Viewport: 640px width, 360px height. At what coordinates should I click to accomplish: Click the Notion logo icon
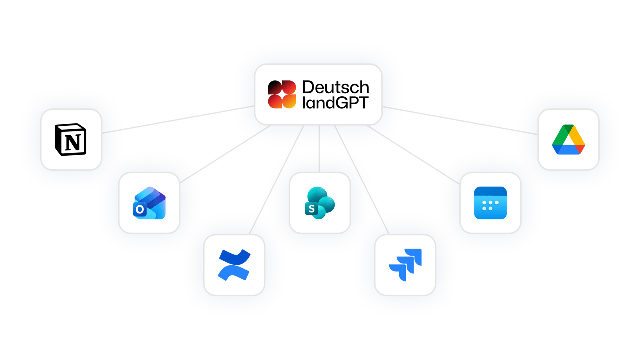[71, 139]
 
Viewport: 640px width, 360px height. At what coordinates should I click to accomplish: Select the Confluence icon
[234, 265]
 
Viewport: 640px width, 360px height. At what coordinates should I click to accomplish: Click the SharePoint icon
[320, 202]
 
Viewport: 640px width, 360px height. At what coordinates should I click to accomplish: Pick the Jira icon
[405, 265]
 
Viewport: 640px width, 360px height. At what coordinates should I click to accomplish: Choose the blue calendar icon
[490, 203]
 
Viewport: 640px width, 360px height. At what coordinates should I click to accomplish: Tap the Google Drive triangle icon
[568, 140]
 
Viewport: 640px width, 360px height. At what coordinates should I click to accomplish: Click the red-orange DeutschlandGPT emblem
[282, 94]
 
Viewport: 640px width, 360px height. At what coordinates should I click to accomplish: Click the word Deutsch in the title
[335, 88]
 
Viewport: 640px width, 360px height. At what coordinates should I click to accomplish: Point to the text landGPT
[335, 102]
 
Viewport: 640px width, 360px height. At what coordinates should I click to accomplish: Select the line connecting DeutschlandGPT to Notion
[178, 119]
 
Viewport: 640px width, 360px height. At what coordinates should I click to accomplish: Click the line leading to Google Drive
[460, 119]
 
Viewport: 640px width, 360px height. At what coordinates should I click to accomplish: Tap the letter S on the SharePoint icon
[312, 209]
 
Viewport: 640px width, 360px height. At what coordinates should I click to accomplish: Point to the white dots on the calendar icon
[490, 205]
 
